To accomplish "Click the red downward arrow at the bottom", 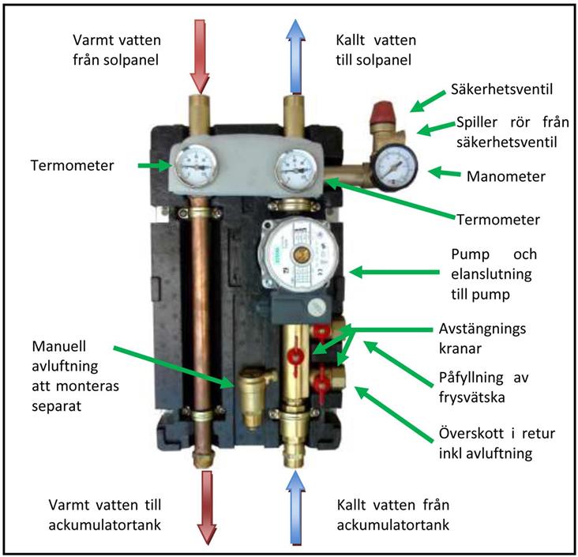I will pyautogui.click(x=207, y=506).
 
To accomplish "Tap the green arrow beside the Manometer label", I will pyautogui.click(x=445, y=171).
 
